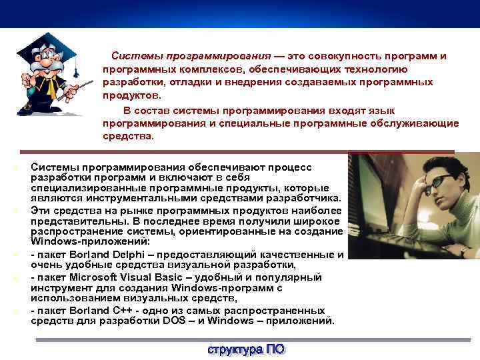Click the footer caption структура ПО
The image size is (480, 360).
click(245, 349)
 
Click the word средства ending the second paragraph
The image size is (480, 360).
click(127, 136)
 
